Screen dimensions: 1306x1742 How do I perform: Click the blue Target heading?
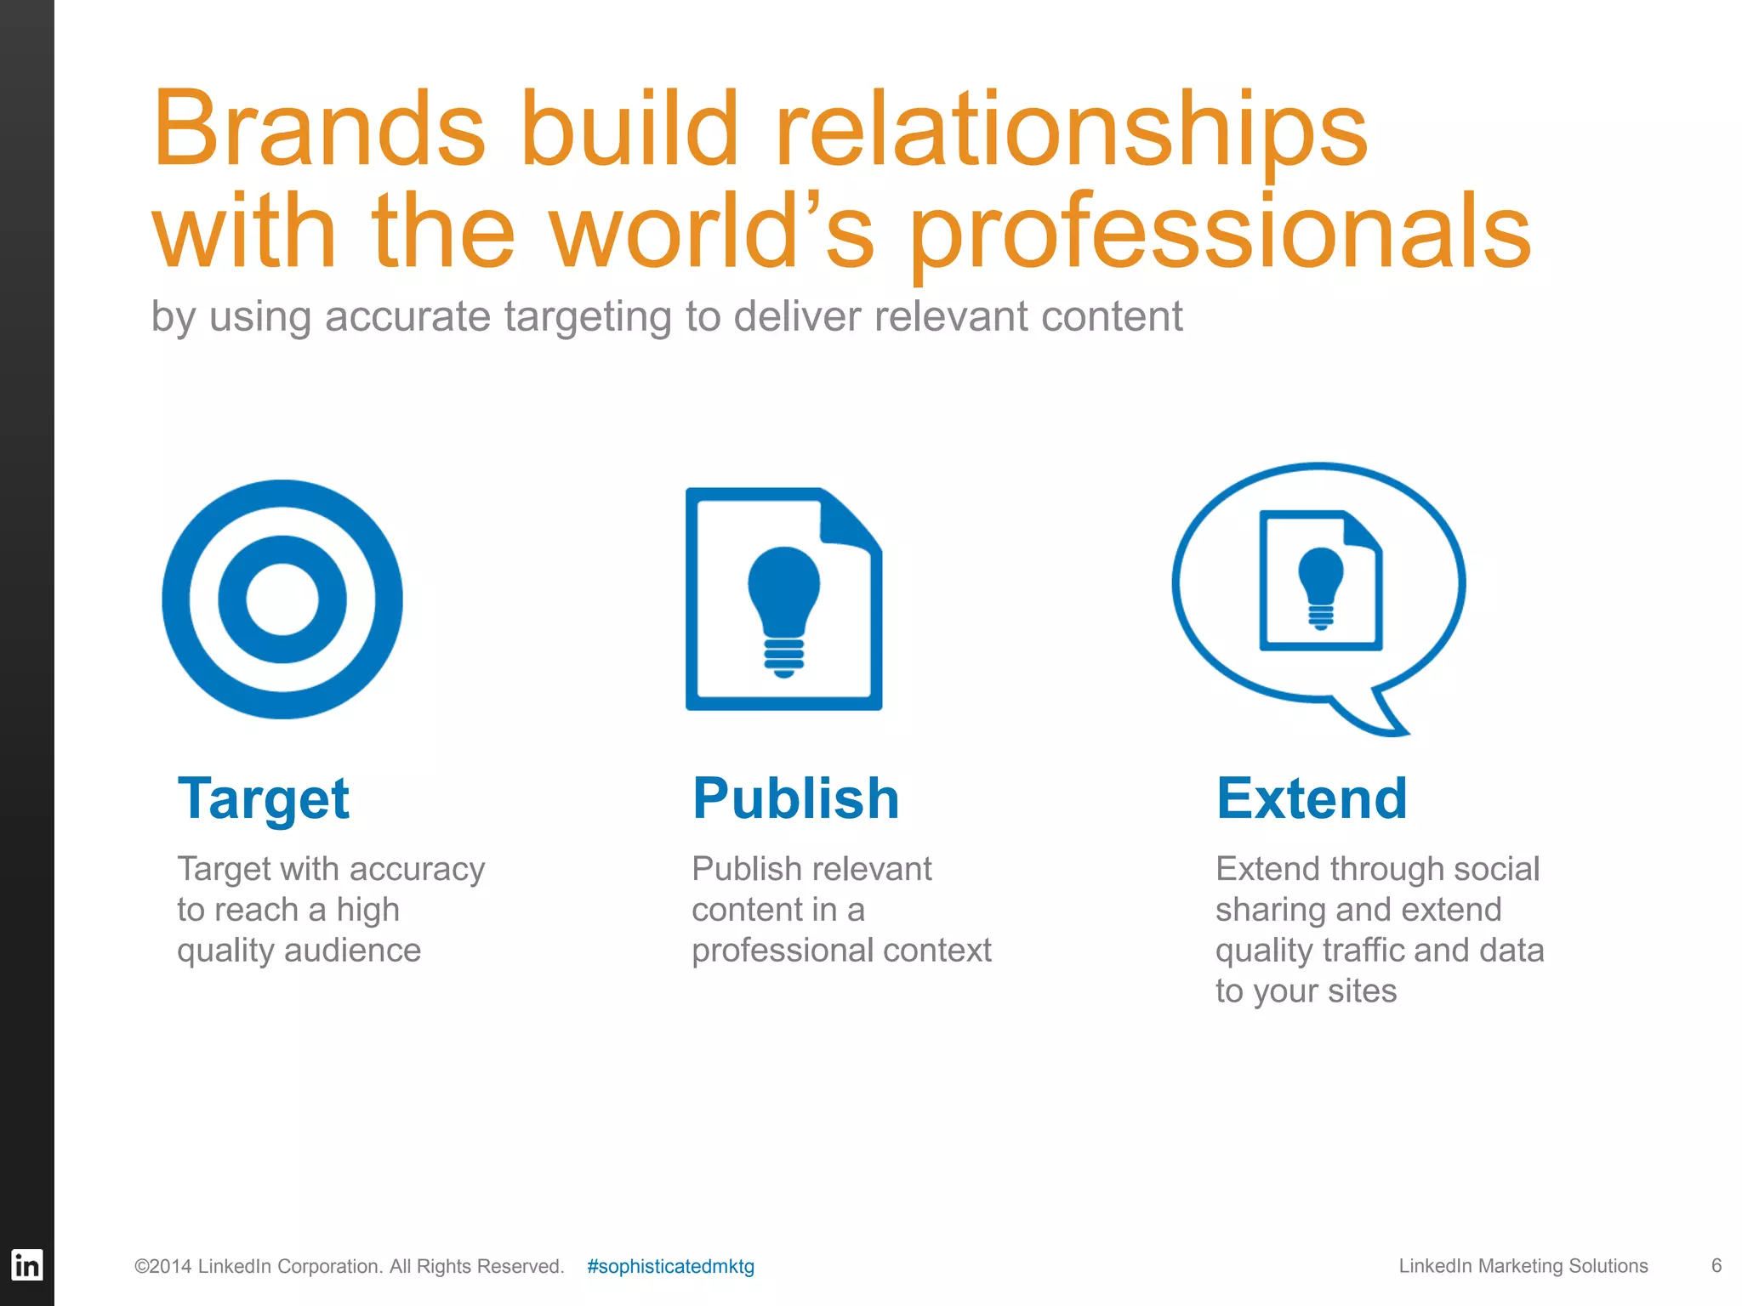pos(263,799)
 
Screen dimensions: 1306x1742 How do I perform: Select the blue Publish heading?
pos(795,799)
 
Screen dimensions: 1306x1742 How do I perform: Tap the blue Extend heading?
pos(1312,799)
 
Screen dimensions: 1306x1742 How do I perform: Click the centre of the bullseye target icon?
pos(282,599)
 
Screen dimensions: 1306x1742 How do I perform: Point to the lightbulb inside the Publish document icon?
pos(783,608)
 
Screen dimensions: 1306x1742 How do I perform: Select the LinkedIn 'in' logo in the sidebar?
pos(26,1265)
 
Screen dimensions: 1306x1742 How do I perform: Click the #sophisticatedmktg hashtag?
pos(670,1266)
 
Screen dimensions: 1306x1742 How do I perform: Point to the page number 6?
pos(1716,1265)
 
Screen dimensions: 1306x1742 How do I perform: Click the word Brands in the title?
pos(319,129)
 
